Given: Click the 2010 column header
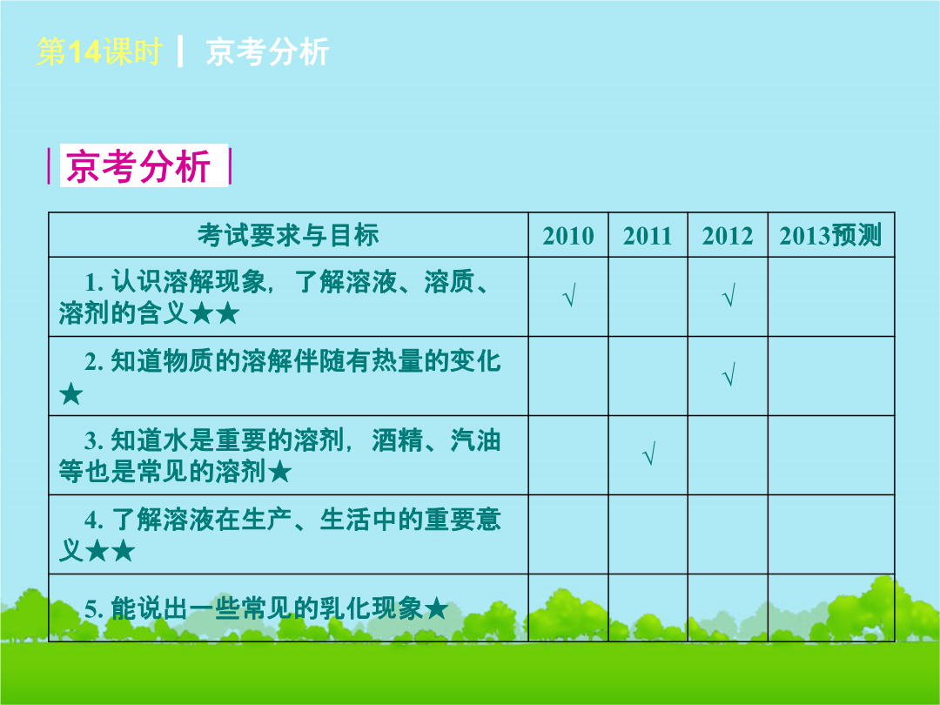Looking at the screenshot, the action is (567, 236).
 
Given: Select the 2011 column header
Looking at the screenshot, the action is (648, 236).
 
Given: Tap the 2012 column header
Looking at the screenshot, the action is (727, 236).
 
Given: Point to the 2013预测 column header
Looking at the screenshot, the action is (830, 235).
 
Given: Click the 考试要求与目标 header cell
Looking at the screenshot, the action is (288, 235).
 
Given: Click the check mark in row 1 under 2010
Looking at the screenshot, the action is (569, 296).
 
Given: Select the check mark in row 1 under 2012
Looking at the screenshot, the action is (728, 296).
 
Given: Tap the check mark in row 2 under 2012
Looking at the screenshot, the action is (728, 374).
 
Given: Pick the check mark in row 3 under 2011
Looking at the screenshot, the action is (648, 453).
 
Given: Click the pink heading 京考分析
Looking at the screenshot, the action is (138, 165).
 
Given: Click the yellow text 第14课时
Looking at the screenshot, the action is (99, 51).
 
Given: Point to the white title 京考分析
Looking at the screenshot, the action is (267, 51).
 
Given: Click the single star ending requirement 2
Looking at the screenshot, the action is (70, 394).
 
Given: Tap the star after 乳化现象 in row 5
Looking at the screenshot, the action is (436, 609).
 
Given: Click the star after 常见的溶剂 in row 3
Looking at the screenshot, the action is (279, 473).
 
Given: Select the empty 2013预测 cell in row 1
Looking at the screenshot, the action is (831, 297).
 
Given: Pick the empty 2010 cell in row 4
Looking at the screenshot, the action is (568, 534).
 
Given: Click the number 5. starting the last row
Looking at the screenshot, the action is (94, 609).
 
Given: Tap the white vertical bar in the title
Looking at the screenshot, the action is (180, 51).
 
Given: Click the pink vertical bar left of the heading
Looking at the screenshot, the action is (49, 165).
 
